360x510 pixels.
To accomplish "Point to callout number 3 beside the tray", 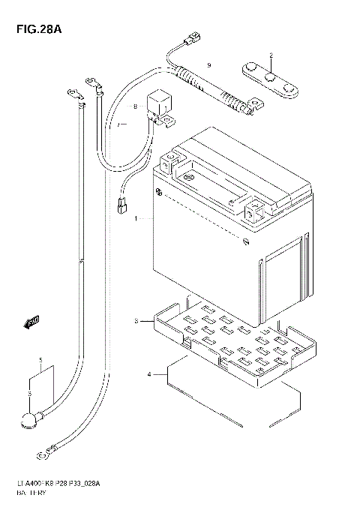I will (x=136, y=321).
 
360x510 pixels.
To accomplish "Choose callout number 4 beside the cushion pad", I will (x=149, y=373).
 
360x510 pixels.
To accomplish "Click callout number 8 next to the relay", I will (x=136, y=107).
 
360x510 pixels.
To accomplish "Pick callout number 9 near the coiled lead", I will (x=209, y=66).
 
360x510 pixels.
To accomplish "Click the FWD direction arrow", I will (x=31, y=323).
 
